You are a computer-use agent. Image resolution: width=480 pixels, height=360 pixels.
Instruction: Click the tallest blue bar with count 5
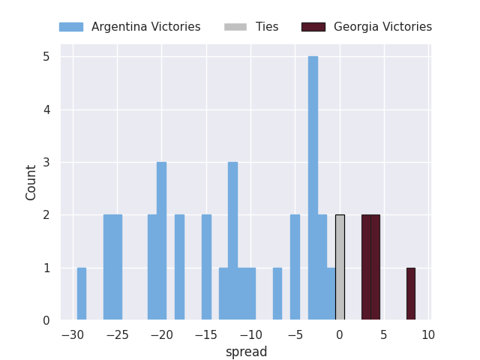pos(313,187)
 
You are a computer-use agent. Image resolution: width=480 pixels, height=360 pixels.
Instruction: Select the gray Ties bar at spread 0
pos(340,267)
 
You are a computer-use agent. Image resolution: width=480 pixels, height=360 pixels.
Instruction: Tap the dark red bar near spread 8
pos(410,294)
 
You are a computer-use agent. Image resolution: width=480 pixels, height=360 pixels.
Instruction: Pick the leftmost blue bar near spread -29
pos(81,294)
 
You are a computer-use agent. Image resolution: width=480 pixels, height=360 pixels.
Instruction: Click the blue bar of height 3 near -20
pos(161,240)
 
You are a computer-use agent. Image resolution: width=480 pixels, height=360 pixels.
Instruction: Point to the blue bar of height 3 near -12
pos(232,240)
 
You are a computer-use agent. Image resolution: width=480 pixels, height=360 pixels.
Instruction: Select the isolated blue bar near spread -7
pos(277,294)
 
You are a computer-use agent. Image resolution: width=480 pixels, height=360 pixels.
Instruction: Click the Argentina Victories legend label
pos(145,27)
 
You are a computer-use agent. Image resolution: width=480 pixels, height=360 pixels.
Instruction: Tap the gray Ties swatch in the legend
pos(235,27)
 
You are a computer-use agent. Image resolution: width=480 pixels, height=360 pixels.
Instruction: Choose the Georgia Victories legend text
pos(382,27)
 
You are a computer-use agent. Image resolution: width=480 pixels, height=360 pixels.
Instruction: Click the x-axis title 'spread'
pos(246,352)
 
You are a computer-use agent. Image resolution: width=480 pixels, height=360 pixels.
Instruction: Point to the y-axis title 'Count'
pos(31,182)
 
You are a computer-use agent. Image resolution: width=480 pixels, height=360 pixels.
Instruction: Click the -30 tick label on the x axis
pos(72,334)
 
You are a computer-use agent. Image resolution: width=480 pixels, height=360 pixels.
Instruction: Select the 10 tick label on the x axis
pos(427,334)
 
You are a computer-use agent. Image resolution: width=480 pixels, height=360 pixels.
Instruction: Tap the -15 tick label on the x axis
pos(205,334)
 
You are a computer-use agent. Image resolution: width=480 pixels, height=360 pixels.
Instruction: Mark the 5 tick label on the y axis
pos(46,57)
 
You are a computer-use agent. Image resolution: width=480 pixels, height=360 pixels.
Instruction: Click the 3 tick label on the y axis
pos(46,162)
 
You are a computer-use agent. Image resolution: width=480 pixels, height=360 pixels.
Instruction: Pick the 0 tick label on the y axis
pos(46,320)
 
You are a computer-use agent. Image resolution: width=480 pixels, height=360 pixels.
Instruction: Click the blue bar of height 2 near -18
pos(179,267)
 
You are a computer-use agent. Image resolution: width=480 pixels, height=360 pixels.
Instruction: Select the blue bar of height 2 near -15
pos(206,267)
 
